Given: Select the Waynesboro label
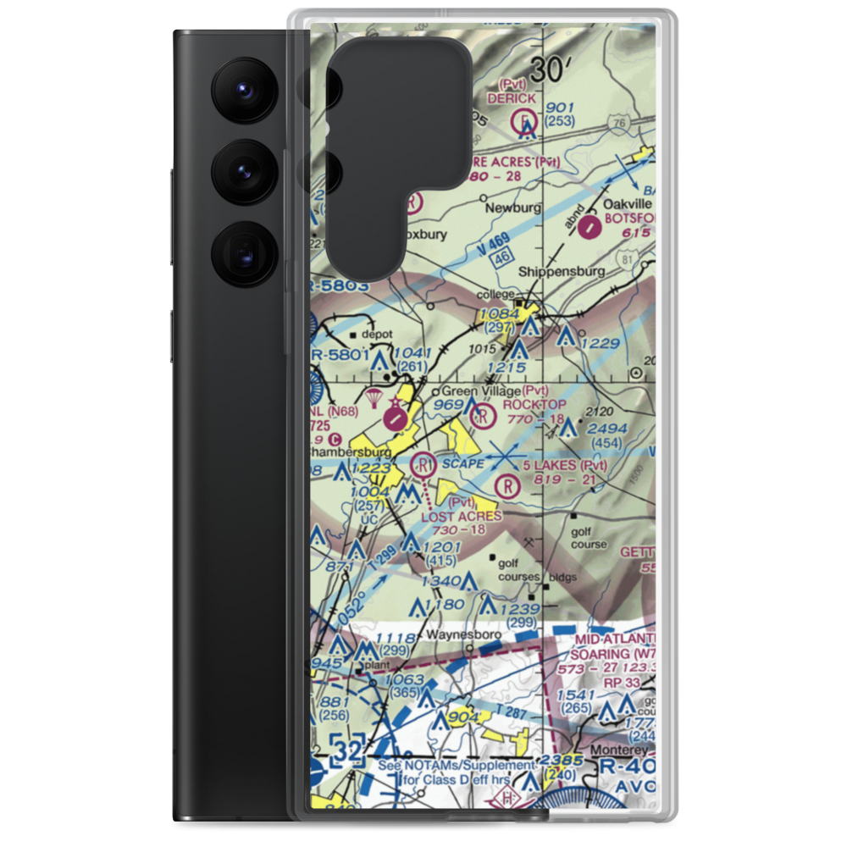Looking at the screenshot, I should click(x=464, y=634).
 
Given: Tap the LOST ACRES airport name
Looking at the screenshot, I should click(x=461, y=516).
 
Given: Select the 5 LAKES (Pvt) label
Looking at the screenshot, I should click(x=565, y=466).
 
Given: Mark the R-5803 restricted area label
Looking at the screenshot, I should click(x=339, y=287).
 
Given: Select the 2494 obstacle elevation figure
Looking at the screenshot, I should click(x=608, y=429).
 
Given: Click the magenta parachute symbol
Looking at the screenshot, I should click(x=374, y=396).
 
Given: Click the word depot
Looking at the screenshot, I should click(x=377, y=335).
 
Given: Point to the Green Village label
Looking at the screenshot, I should click(x=480, y=391).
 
